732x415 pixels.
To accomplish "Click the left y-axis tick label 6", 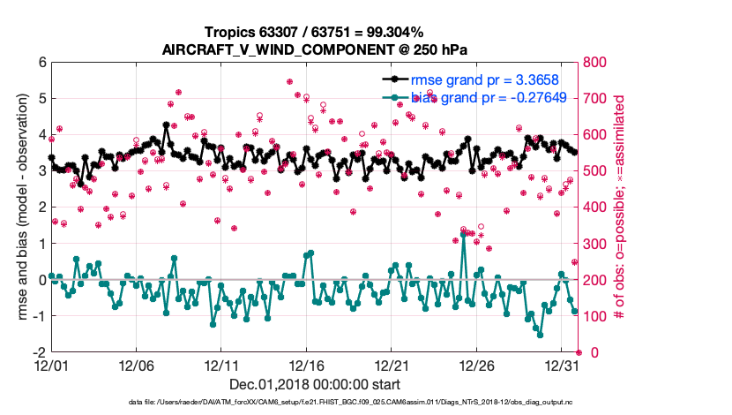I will (x=41, y=63).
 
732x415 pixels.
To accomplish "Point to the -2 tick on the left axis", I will (x=39, y=351).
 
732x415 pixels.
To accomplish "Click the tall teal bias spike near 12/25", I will (x=464, y=234).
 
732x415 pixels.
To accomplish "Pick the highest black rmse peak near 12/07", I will (x=166, y=125).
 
